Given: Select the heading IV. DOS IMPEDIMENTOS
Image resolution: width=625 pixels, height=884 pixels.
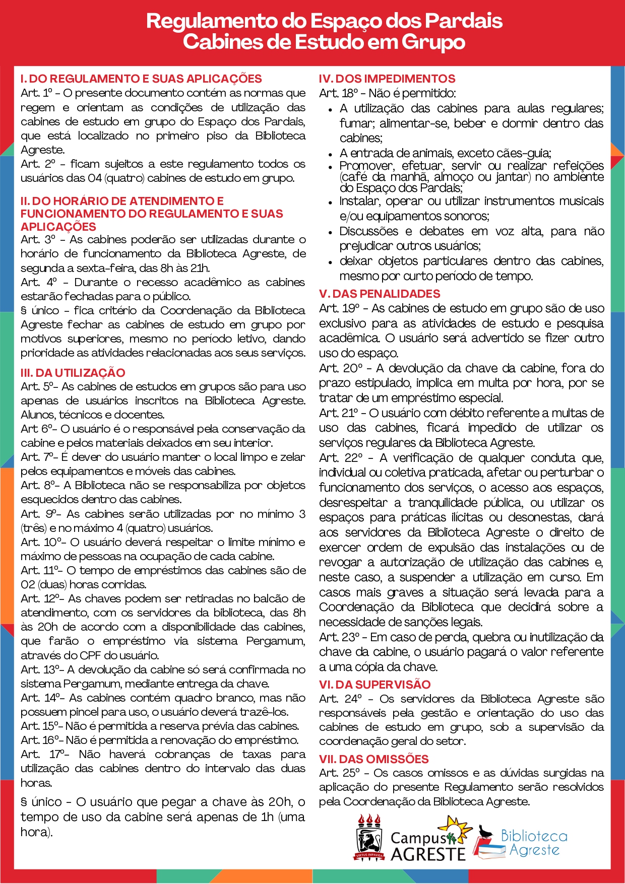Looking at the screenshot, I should click(387, 79).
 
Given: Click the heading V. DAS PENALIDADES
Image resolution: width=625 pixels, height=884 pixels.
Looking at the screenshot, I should click(380, 294).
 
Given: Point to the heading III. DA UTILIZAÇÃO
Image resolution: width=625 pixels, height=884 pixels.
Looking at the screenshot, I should click(73, 373).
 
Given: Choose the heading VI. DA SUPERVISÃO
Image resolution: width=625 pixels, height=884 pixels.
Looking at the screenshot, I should click(374, 685).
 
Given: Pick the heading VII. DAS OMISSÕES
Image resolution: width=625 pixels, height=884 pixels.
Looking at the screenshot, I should click(373, 759).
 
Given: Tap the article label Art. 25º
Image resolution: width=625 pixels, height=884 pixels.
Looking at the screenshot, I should click(339, 773).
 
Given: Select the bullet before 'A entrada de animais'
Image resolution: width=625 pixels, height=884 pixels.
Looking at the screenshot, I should click(330, 154).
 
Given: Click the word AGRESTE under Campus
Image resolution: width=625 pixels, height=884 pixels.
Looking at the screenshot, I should click(428, 854).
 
